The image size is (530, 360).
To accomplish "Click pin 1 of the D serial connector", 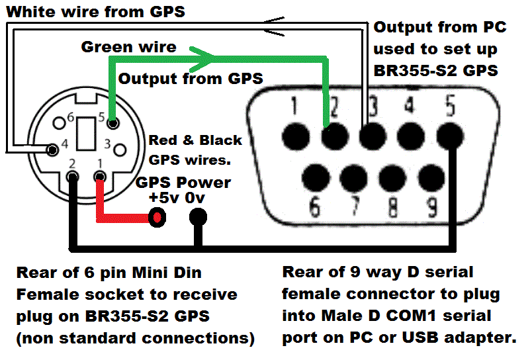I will tap(293, 137).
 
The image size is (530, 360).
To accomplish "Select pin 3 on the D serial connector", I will tap(372, 137).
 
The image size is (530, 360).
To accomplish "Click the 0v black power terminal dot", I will tap(197, 216).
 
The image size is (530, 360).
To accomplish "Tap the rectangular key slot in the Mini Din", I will tap(85, 132).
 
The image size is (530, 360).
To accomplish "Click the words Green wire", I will tap(128, 47).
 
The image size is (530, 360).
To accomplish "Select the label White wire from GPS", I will tap(96, 11).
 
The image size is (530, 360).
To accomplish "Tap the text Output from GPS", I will tap(191, 78).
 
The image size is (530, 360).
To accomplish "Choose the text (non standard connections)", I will tap(136, 338).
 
